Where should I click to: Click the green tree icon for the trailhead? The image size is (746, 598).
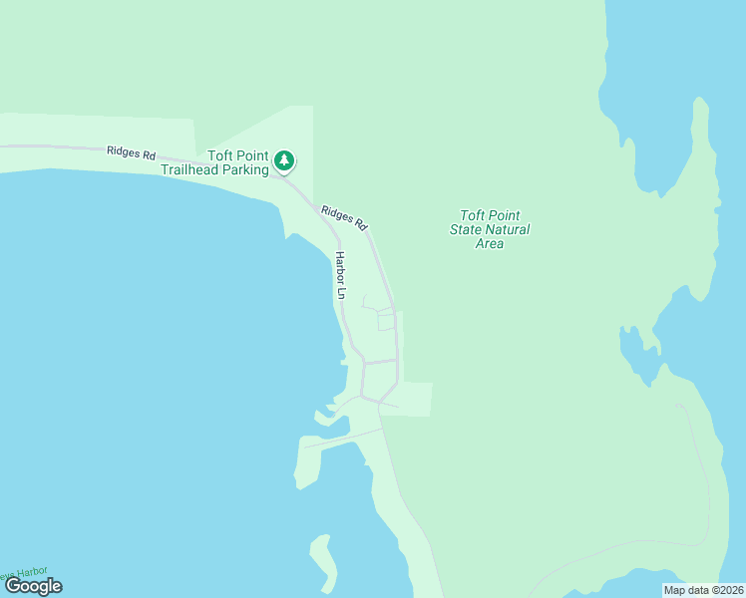(284, 160)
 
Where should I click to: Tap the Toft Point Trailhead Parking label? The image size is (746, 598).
(237, 162)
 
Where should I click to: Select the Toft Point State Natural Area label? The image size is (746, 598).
(490, 229)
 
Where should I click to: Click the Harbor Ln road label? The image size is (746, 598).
(340, 275)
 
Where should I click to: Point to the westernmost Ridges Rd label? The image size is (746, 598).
(132, 154)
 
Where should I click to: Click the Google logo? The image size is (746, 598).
(34, 586)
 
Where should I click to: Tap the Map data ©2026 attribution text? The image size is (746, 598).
(702, 590)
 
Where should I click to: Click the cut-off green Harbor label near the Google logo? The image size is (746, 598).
(24, 573)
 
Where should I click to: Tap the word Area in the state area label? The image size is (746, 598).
(490, 243)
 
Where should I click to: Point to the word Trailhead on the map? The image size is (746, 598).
(188, 169)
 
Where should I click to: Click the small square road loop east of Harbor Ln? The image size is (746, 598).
(386, 321)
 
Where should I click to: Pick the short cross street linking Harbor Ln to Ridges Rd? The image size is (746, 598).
(380, 361)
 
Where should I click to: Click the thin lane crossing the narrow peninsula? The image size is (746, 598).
(344, 438)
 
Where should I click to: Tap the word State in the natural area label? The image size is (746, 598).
(467, 229)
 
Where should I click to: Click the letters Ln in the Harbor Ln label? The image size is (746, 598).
(340, 293)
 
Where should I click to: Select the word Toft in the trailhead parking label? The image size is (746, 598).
(219, 155)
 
